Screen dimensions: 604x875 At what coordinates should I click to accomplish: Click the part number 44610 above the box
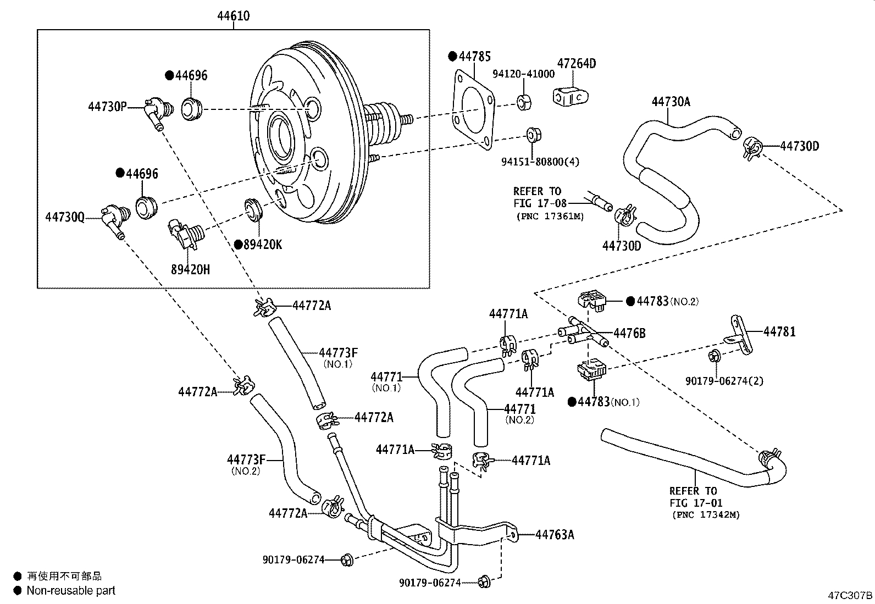(233, 16)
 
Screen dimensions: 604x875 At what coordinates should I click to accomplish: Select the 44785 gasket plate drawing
(473, 107)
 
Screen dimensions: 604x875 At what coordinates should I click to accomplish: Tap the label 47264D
(576, 63)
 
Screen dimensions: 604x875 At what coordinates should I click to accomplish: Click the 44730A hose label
(671, 102)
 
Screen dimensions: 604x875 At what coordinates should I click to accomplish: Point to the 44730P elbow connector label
(107, 107)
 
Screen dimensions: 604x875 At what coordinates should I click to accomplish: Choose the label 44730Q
(65, 218)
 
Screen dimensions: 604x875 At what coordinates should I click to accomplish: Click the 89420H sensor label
(190, 269)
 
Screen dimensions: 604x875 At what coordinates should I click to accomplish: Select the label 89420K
(262, 245)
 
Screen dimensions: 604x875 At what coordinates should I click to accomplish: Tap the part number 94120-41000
(523, 74)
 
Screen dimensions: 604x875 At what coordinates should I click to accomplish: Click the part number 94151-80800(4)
(540, 162)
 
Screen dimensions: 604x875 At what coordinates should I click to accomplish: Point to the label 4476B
(629, 333)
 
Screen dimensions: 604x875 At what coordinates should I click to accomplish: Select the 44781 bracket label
(779, 331)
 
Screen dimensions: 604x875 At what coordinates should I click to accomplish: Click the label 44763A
(554, 534)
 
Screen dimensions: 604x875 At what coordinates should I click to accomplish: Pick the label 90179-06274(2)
(724, 380)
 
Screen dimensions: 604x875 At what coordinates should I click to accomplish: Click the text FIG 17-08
(540, 203)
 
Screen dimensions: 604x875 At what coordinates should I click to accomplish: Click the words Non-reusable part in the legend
(71, 591)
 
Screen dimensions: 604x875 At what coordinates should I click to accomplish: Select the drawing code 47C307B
(850, 595)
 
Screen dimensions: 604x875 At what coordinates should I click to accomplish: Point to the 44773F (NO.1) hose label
(338, 352)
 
